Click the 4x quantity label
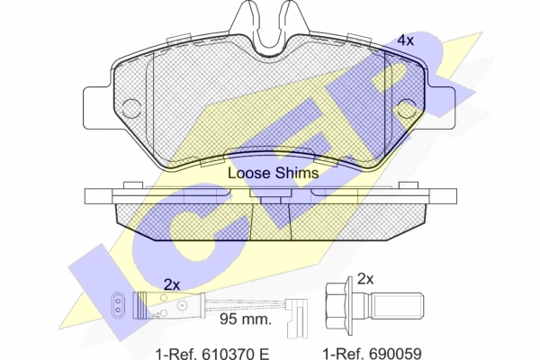point(405,40)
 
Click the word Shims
point(296,173)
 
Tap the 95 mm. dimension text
point(246,319)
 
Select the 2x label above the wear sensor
point(172,285)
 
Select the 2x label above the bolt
point(365,279)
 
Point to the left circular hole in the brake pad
point(130,108)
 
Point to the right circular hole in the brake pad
point(408,108)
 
